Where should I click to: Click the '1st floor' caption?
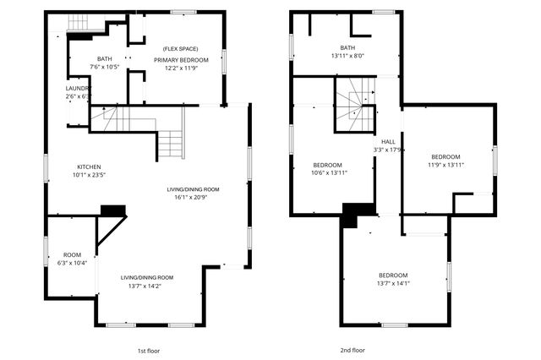coord(147,350)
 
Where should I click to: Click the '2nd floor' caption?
coord(352,350)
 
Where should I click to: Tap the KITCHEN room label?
coord(90,166)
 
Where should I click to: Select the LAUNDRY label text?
coord(79,88)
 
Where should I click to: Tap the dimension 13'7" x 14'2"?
coord(146,286)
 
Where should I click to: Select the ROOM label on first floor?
coord(72,254)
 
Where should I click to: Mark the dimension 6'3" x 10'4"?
coord(72,264)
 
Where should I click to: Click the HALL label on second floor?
coord(388,141)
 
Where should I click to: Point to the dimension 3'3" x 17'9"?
coord(388,150)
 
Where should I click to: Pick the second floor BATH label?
coord(347,47)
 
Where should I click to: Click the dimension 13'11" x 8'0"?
coord(347,56)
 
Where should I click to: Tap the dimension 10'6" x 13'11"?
coord(327,172)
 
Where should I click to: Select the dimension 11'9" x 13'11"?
coord(445,166)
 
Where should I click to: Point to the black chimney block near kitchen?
coord(112,211)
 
